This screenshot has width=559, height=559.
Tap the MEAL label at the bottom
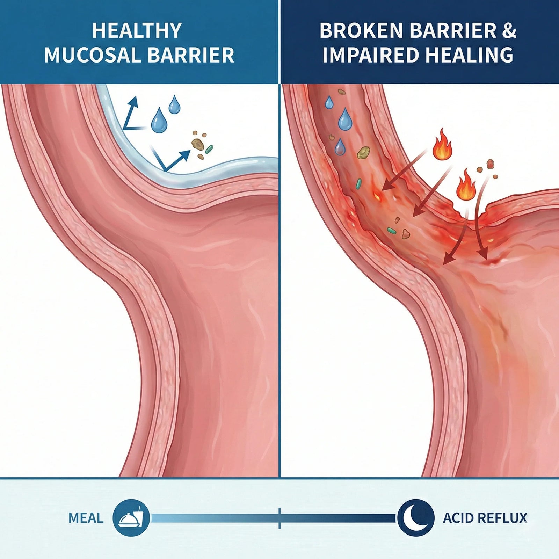tap(86, 518)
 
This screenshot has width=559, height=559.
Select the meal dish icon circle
tap(131, 518)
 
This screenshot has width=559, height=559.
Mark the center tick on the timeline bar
tap(279, 518)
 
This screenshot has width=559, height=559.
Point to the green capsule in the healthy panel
tap(209, 149)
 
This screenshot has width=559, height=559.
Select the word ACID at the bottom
tap(457, 518)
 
